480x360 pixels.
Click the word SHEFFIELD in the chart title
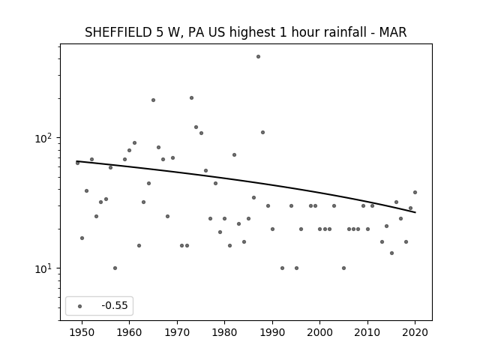[118, 32]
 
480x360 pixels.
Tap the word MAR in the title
[393, 32]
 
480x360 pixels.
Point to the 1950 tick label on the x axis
[82, 332]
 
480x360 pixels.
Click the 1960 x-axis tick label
[129, 332]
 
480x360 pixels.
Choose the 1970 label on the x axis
[177, 332]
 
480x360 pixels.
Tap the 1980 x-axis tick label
[224, 332]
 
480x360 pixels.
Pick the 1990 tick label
[272, 332]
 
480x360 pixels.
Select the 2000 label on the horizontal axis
[320, 332]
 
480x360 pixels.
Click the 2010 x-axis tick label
[367, 332]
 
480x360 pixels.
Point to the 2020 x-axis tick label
[415, 332]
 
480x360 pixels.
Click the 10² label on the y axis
[43, 138]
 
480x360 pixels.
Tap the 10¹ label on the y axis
[43, 268]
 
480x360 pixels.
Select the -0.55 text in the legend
[115, 305]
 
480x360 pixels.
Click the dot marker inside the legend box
[80, 306]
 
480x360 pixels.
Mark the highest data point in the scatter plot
[258, 57]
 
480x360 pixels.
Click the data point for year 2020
[415, 192]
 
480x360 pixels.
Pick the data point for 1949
[77, 163]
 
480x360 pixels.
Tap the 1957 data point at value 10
[115, 268]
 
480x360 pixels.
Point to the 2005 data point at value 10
[343, 268]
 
